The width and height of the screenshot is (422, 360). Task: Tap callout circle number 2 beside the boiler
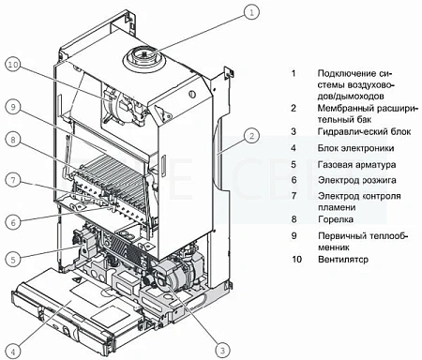(252, 136)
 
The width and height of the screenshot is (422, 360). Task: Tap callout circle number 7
(12, 179)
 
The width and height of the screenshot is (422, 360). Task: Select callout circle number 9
(12, 105)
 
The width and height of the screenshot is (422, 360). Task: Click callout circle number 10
(12, 65)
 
